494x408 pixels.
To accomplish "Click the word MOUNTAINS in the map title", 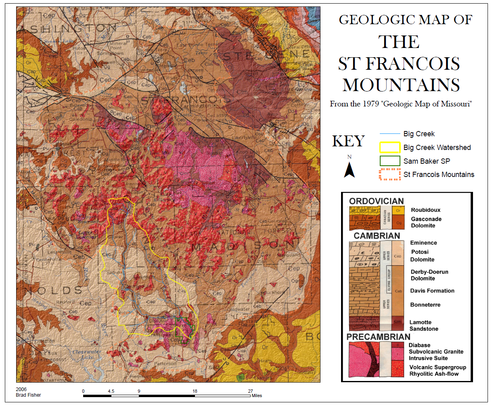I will tap(401, 85).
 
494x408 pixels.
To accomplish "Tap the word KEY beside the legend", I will tap(348, 142).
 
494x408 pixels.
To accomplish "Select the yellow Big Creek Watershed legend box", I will tap(390, 148).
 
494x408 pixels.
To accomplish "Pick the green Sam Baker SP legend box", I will tap(390, 161).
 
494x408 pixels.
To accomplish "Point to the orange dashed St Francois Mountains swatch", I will tap(390, 175).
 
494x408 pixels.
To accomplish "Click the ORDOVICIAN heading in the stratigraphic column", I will tap(376, 201).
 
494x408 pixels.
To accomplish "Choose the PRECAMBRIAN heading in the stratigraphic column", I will tap(378, 337).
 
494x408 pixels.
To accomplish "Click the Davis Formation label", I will tap(432, 291).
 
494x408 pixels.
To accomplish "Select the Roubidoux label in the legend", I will tap(425, 210).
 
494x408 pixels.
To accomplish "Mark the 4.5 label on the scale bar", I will tap(111, 391).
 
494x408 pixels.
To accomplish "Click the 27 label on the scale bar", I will tap(250, 391).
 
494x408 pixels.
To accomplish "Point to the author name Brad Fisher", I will tap(28, 395).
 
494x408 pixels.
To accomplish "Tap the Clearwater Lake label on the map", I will tap(86, 354).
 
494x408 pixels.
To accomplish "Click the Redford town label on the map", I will tap(65, 302).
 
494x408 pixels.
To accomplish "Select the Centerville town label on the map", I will tap(48, 260).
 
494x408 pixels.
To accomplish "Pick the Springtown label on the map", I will tap(110, 53).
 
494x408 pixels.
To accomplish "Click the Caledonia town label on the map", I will tap(81, 119).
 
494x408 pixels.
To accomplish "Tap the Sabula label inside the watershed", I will tap(114, 273).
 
